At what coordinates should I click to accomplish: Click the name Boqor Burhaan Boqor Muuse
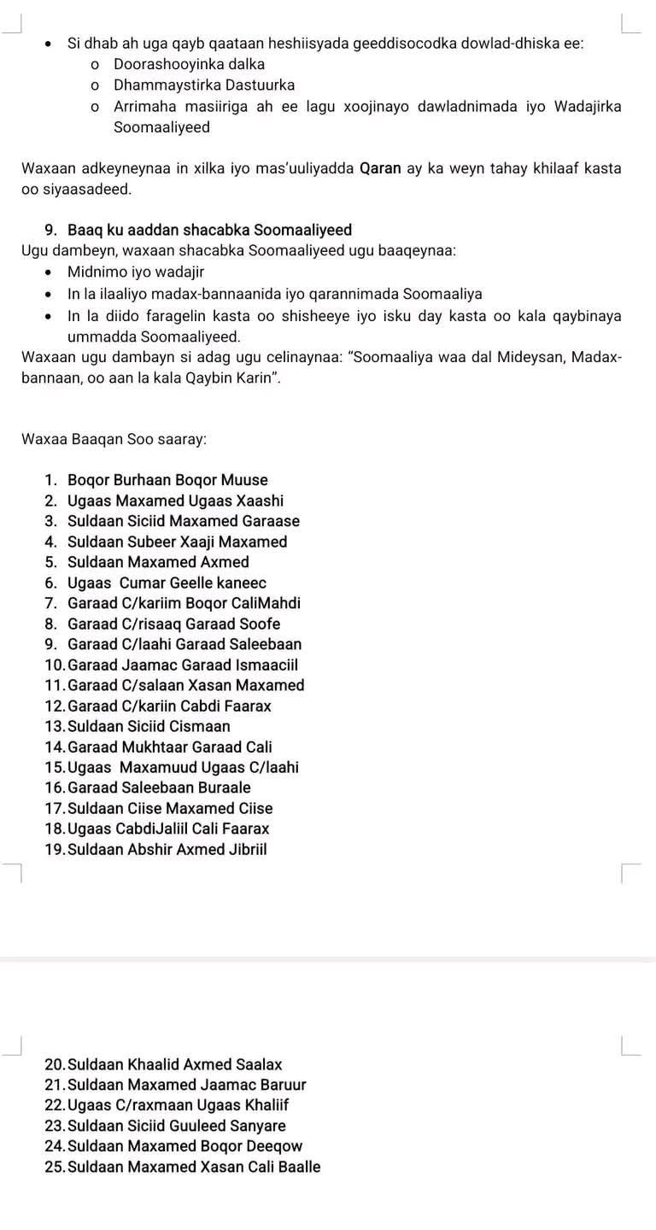(167, 480)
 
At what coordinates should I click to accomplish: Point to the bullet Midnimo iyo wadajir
(136, 272)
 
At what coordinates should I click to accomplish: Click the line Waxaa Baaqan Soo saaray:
(114, 439)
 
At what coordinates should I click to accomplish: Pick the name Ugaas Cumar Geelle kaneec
(167, 583)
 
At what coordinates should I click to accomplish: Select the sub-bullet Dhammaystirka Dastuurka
(204, 85)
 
